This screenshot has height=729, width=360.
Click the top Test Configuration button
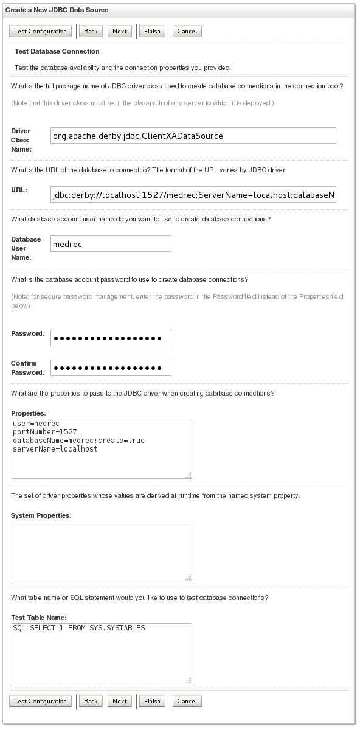point(40,31)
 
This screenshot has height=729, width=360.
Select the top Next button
point(120,31)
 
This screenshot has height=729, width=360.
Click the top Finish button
point(152,31)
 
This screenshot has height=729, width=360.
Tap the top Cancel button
point(187,31)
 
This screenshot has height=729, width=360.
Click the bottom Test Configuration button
point(40,701)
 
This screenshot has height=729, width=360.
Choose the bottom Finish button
point(152,701)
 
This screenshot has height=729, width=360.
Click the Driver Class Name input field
point(193,135)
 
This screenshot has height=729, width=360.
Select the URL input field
point(193,195)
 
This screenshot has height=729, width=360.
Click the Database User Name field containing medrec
point(111,244)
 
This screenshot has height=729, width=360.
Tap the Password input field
point(111,338)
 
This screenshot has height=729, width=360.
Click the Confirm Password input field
point(111,368)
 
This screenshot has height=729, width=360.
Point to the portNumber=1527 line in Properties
point(44,431)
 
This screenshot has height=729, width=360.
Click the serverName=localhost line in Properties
point(55,448)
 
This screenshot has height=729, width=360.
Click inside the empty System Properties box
point(101,551)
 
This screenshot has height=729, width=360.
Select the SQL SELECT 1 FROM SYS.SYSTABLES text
point(78,628)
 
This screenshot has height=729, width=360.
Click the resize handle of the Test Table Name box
point(189,680)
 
